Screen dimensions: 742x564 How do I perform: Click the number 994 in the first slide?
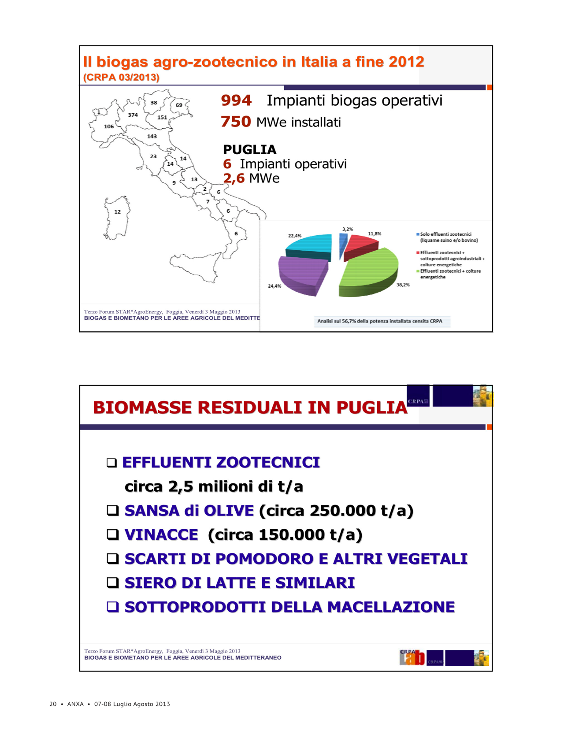pyautogui.click(x=236, y=100)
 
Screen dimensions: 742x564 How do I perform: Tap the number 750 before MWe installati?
pyautogui.click(x=236, y=122)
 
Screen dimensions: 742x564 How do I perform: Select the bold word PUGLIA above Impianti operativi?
pyautogui.click(x=249, y=150)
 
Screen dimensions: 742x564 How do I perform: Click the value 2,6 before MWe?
pyautogui.click(x=234, y=178)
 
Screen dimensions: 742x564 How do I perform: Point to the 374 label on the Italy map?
pyautogui.click(x=133, y=115)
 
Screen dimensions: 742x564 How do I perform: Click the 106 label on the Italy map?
pyautogui.click(x=109, y=126)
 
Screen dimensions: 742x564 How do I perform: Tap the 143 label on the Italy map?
pyautogui.click(x=152, y=137)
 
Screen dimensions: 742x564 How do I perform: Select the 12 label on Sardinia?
pyautogui.click(x=117, y=212)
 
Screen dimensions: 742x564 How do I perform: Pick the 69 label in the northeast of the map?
pyautogui.click(x=179, y=105)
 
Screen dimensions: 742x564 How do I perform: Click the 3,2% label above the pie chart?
pyautogui.click(x=348, y=229)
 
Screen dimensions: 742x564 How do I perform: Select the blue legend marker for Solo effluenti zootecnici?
pyautogui.click(x=418, y=234)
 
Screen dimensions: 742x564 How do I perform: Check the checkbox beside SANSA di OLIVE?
pyautogui.click(x=113, y=510)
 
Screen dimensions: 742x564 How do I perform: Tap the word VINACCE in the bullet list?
pyautogui.click(x=161, y=534)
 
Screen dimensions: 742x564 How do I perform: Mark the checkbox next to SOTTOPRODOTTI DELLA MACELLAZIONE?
pyautogui.click(x=113, y=607)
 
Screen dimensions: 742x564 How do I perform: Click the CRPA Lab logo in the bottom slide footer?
pyautogui.click(x=412, y=657)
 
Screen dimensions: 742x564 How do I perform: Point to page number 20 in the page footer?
pyautogui.click(x=53, y=704)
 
